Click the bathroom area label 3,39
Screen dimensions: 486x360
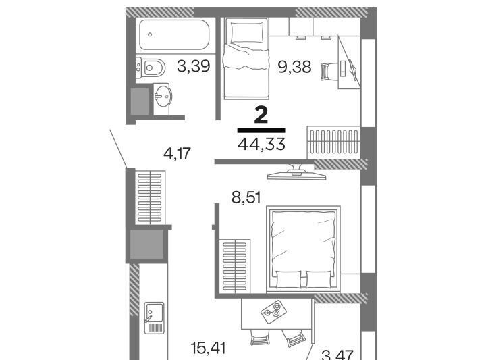click(194, 66)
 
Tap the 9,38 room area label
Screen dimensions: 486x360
click(294, 67)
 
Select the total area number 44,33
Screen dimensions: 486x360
click(261, 144)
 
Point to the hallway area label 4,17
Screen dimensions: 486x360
click(178, 153)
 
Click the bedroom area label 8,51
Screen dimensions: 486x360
click(246, 197)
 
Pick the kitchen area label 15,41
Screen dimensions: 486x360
click(208, 349)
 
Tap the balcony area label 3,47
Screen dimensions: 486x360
click(338, 355)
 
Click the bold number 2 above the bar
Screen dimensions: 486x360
click(261, 115)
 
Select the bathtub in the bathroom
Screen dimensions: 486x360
click(174, 34)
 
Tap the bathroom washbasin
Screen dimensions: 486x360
click(162, 96)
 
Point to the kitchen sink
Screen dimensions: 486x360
click(154, 318)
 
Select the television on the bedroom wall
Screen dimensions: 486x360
click(296, 173)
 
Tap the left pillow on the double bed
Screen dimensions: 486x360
click(288, 280)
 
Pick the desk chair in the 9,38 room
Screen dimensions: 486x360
click(327, 72)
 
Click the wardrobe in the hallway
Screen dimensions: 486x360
click(151, 197)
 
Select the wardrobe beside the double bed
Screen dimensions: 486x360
click(235, 265)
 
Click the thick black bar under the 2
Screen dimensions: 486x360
click(261, 130)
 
